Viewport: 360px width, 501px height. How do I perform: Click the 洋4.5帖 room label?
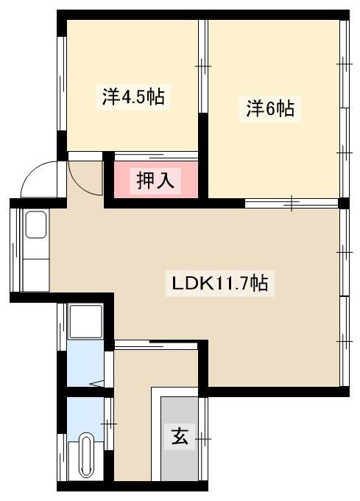coord(133,97)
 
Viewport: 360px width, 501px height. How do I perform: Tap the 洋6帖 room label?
coord(270,108)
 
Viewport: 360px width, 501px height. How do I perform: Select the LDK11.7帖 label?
coord(220,283)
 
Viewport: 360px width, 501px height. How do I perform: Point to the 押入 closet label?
coord(155,181)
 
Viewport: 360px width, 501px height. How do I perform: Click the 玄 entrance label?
coord(180,436)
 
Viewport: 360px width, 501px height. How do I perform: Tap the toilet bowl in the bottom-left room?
coord(86,455)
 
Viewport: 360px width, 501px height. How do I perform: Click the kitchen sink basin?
coord(36,224)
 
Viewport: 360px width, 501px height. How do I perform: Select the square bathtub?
coord(86,321)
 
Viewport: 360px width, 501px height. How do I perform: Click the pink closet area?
coord(156,180)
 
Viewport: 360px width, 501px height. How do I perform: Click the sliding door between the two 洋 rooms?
coord(203,66)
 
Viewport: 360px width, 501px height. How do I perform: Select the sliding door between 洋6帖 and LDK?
coord(292,203)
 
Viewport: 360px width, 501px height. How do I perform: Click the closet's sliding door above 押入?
coord(156,156)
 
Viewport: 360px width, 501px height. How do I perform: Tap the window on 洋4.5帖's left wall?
coord(62,83)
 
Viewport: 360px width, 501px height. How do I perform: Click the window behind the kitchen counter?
coord(15,250)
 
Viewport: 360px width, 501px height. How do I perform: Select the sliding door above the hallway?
coord(156,345)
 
